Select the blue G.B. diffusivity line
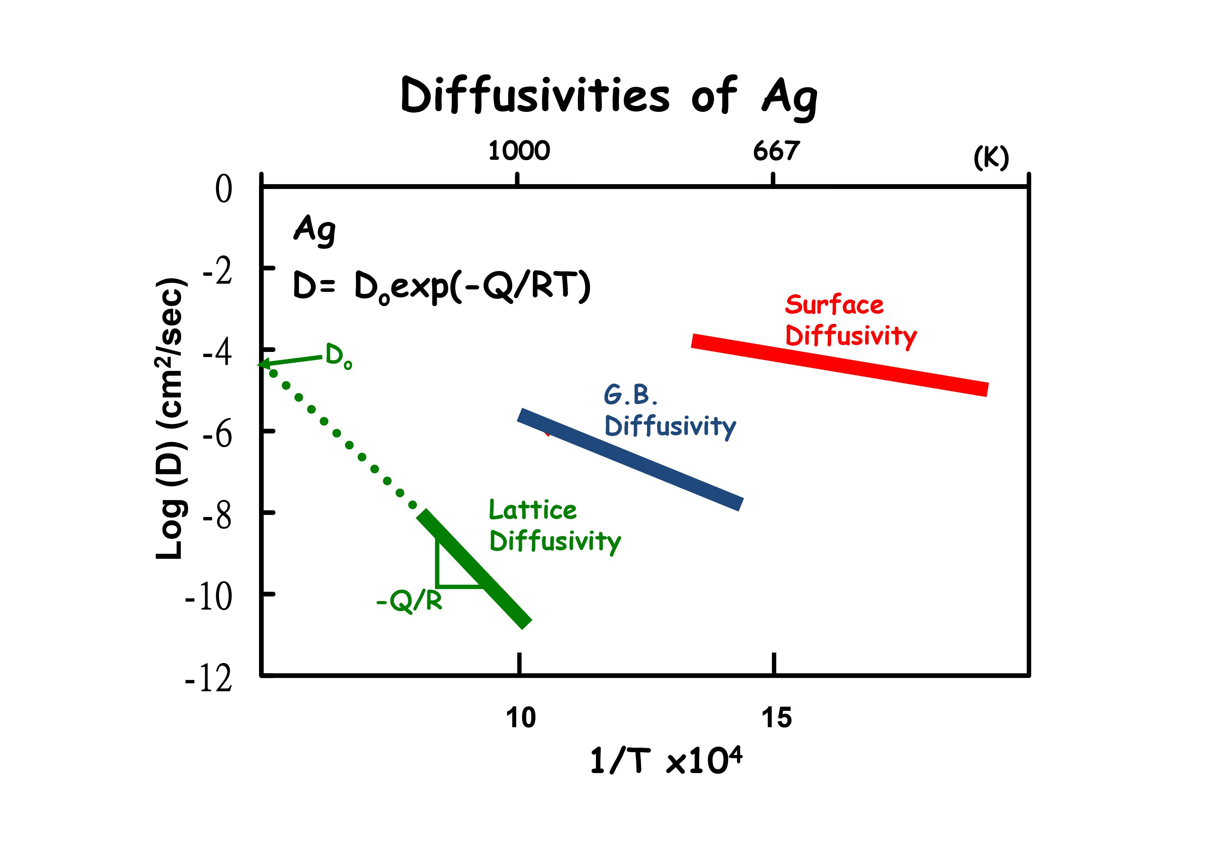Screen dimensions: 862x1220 (x=630, y=459)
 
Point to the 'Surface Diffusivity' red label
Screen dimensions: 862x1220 (x=850, y=320)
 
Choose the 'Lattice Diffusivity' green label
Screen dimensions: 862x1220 (x=554, y=526)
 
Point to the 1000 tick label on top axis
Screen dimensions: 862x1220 (x=519, y=151)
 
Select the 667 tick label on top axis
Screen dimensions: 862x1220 (x=776, y=151)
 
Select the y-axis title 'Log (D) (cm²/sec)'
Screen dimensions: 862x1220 (x=171, y=419)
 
